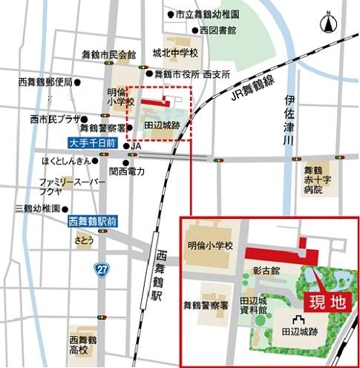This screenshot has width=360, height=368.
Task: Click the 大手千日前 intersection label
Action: click(92, 141)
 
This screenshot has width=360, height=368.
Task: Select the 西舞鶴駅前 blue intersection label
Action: click(93, 220)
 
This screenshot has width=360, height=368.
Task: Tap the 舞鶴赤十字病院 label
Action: click(312, 180)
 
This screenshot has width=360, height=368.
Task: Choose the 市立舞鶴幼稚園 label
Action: click(207, 14)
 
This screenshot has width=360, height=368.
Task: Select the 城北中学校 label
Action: click(175, 53)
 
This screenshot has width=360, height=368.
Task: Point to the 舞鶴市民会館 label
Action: click(110, 54)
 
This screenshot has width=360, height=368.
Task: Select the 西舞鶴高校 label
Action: click(79, 344)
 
